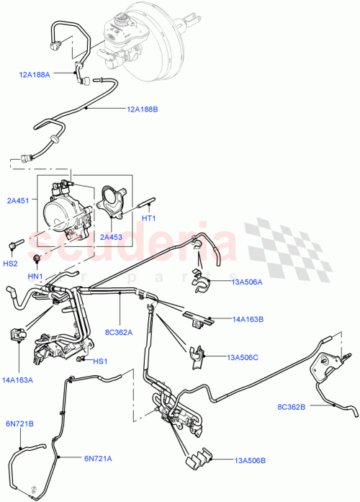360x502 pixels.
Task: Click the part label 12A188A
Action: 35,73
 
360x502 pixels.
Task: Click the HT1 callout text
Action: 149,218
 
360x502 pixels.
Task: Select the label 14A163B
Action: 247,318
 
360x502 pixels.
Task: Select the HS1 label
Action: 99,362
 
